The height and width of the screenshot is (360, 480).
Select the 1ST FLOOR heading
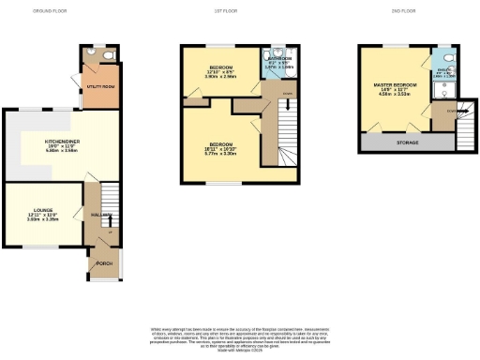point(242,11)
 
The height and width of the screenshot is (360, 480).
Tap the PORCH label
point(103,263)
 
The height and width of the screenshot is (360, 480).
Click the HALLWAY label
point(93,214)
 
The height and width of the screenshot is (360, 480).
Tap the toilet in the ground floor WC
point(110,54)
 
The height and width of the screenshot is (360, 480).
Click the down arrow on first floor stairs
point(287,105)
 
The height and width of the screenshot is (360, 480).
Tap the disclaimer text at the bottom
point(239,336)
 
